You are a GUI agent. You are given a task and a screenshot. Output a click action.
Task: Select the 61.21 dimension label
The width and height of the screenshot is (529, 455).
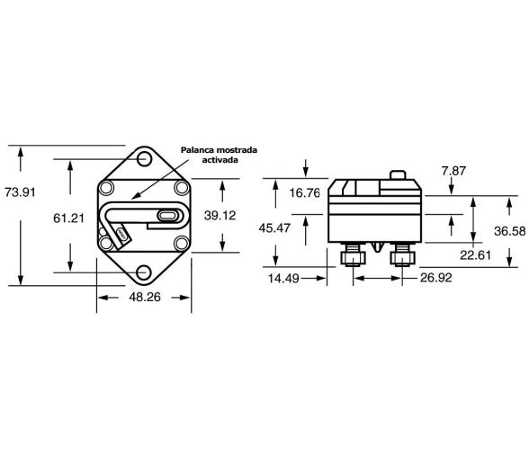(68, 217)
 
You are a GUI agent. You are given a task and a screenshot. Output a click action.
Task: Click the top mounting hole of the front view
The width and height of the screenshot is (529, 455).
(144, 159)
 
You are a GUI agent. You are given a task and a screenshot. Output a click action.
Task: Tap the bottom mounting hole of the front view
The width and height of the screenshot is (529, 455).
(144, 272)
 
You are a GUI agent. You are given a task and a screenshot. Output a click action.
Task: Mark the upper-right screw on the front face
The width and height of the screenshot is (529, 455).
(180, 188)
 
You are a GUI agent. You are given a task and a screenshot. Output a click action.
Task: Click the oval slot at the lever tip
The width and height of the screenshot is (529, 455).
(168, 216)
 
